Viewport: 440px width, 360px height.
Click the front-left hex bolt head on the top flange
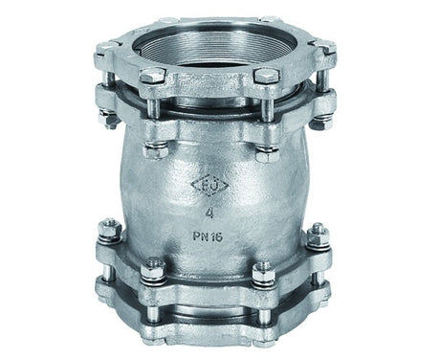[x=151, y=77]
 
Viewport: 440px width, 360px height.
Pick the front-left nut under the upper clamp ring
[x=154, y=149]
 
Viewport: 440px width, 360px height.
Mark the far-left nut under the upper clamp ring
[x=104, y=120]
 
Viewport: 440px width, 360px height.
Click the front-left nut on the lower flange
[x=152, y=271]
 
